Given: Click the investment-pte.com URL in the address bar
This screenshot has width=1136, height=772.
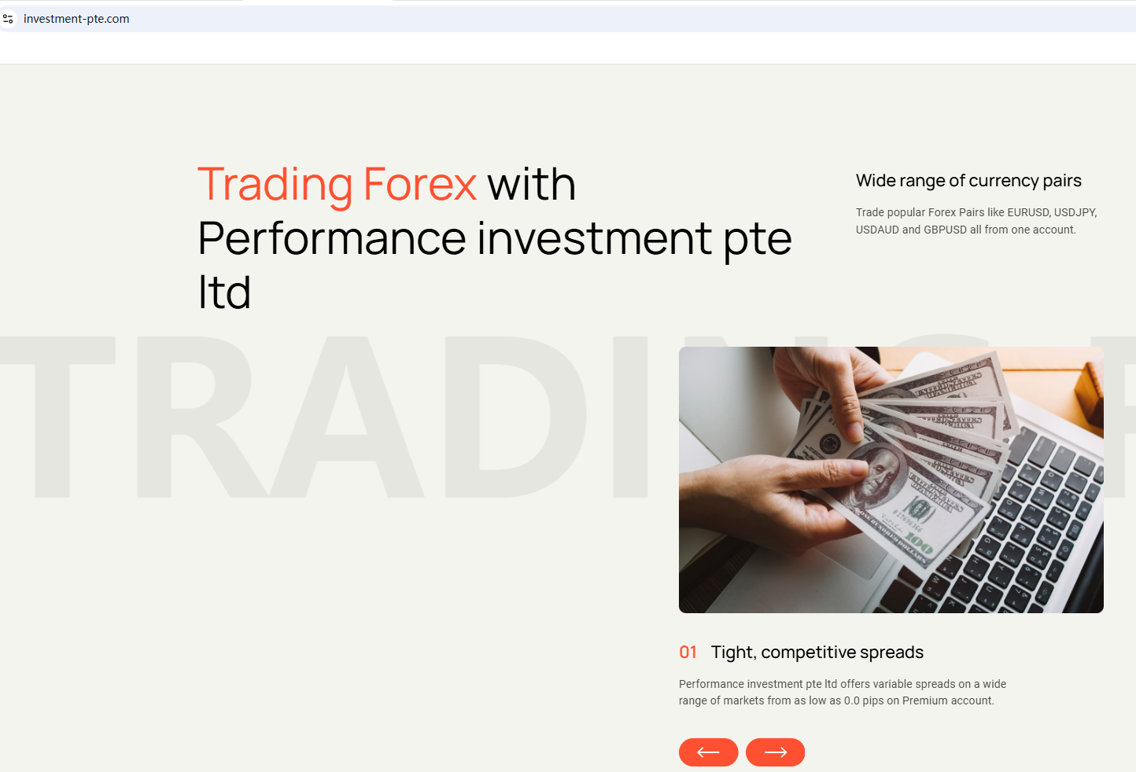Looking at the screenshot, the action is (x=76, y=19).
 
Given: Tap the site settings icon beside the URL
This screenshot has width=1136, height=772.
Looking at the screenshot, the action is (x=8, y=19).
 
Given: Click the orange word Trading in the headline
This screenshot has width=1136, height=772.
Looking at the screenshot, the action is (x=275, y=186).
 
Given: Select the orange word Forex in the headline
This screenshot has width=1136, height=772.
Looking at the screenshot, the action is (x=420, y=183).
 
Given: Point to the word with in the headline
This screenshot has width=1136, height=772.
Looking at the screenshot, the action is (x=532, y=183).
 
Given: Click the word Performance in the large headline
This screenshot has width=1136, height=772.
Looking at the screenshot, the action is (x=332, y=238).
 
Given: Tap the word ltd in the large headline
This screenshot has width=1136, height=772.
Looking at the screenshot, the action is (x=224, y=292).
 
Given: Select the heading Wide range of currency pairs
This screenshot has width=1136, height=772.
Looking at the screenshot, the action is (x=968, y=181).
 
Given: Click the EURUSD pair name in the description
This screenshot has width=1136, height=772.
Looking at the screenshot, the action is (x=1027, y=212).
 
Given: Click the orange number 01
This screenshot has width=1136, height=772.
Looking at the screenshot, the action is (x=688, y=652).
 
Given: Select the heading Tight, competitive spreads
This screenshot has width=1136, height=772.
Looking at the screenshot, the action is (x=817, y=653).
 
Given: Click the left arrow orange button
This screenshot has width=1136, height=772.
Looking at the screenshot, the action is (x=709, y=752).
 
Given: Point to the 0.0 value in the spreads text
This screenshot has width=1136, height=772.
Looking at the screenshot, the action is (x=851, y=700).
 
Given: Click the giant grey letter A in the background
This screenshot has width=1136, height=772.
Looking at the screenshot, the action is (x=346, y=417).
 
